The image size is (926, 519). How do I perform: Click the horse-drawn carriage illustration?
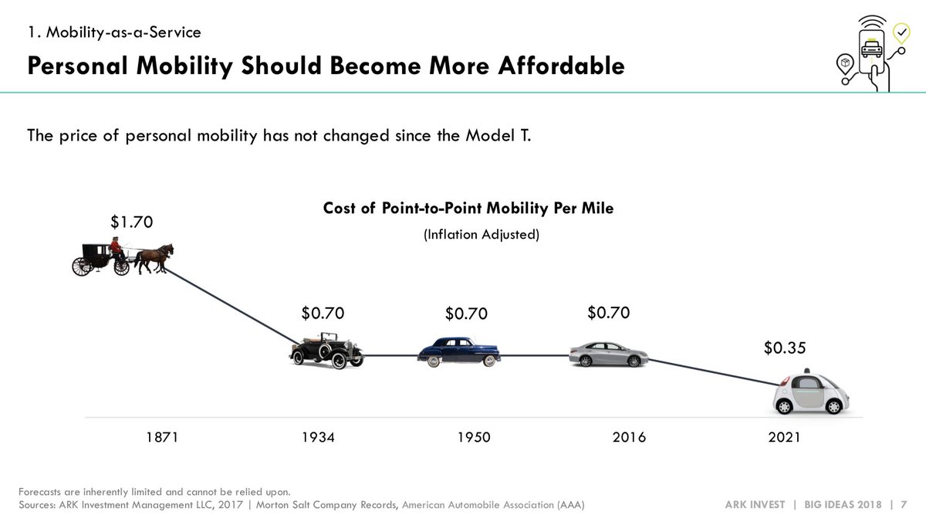122,256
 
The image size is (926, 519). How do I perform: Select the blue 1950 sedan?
458,351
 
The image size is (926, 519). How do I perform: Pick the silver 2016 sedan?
608,354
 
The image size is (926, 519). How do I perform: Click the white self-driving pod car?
812,394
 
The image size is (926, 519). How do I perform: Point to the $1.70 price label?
133,222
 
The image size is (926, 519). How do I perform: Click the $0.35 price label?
785,348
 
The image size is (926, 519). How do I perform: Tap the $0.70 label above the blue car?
467,314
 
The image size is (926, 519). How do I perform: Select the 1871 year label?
162,437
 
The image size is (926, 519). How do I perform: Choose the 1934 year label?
318,437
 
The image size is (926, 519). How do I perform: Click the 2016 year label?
629,437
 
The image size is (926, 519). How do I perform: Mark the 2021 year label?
784,437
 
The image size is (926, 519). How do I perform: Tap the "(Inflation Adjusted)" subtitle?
481,234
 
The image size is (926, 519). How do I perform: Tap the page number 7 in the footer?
903,504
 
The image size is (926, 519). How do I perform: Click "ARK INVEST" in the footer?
755,504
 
